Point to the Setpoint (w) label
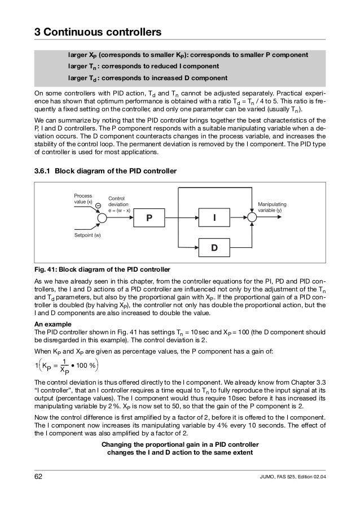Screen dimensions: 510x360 (86, 234)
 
